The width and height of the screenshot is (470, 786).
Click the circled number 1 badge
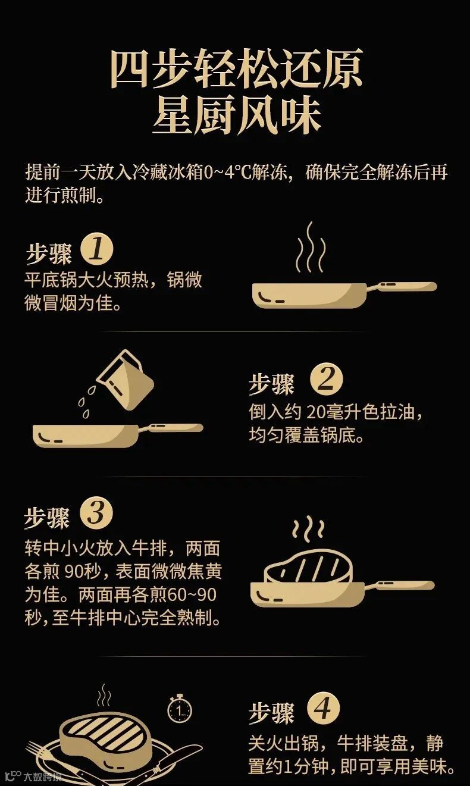point(97,250)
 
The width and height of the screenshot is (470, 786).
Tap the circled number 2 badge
point(326,380)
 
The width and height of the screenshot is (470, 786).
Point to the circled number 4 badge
point(324,707)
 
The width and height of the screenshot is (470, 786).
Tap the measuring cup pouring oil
point(126,380)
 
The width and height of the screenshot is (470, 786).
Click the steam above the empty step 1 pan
point(311,247)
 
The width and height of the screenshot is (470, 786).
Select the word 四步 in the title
point(151,68)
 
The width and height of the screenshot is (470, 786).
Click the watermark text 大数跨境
point(42,776)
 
